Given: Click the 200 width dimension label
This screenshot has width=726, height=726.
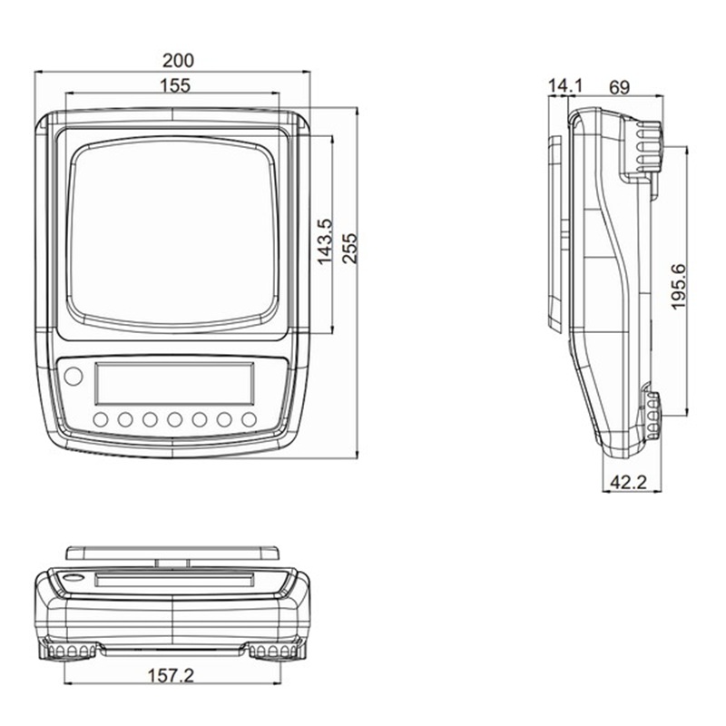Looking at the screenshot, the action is point(178,61).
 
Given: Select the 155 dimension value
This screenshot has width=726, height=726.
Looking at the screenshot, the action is point(175,85).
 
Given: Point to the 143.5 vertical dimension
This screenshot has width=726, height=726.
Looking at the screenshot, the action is point(325,241).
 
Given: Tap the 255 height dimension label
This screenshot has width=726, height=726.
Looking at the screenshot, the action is point(350,249).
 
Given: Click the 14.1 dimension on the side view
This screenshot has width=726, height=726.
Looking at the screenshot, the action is point(564,85).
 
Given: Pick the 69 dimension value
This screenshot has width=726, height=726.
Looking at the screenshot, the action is point(620,87).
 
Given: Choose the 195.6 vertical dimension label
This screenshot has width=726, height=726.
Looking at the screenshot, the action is point(678,287).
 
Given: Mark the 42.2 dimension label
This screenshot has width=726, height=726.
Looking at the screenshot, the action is point(628,483).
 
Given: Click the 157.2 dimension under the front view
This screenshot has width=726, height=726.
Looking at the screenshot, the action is point(171,676).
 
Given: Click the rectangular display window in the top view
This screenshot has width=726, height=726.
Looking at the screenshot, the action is point(174,383).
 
